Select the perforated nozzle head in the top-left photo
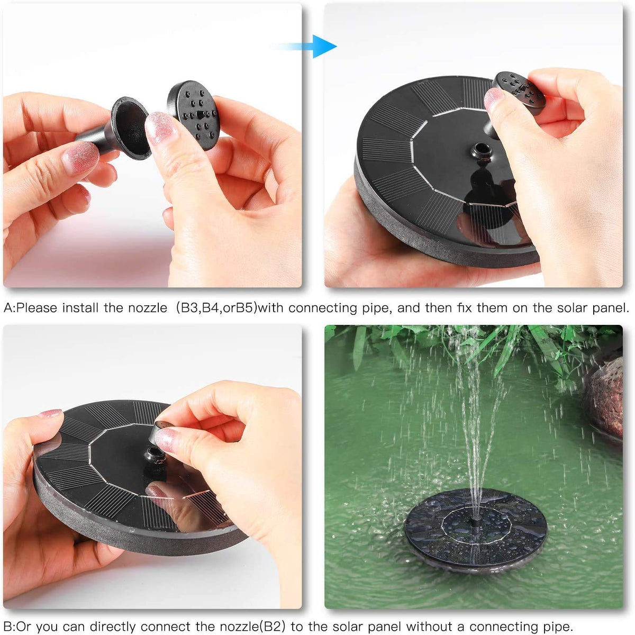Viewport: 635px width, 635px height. [194, 114]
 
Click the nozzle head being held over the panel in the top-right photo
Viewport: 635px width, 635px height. [518, 93]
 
